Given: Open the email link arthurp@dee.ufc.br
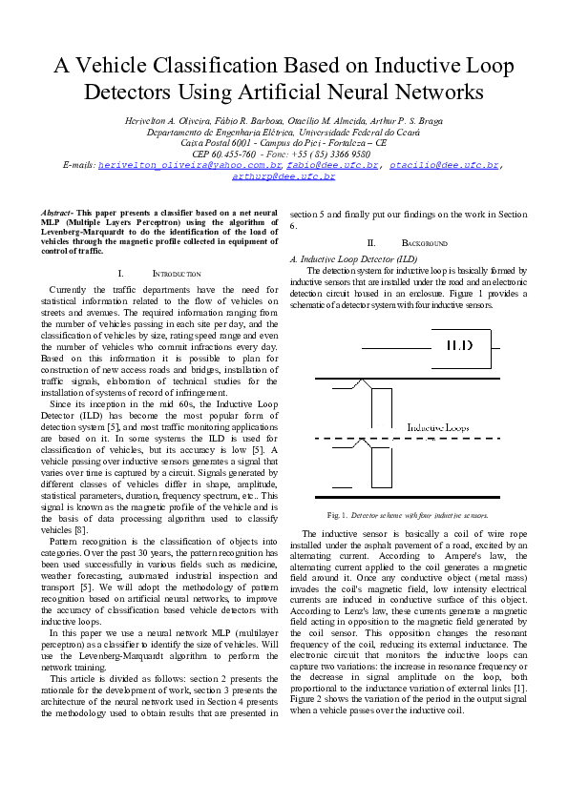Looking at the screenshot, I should coord(284,176).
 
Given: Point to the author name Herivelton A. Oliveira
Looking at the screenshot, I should coord(165,123).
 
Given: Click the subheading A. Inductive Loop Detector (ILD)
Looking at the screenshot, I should coord(353,259).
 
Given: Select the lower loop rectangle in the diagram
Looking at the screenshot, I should coord(380,466).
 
